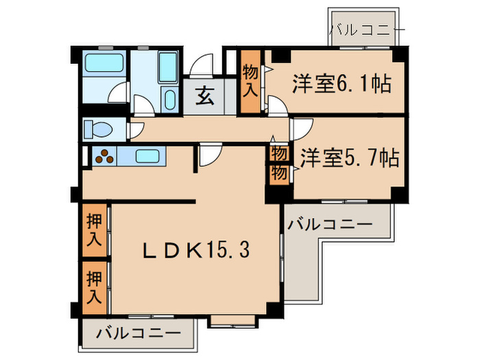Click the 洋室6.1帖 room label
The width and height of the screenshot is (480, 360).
point(341,84)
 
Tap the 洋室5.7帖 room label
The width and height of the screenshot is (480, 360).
point(349,158)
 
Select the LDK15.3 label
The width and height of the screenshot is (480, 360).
point(195,250)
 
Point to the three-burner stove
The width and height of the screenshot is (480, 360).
point(104,156)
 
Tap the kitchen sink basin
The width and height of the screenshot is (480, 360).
point(147,156)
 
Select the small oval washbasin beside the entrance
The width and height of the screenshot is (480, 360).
point(170,100)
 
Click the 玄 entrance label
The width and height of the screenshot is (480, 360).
point(204,97)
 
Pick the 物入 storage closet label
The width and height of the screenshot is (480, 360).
point(251,80)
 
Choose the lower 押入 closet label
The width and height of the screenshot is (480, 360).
point(94,287)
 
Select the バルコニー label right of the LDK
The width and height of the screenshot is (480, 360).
point(330,224)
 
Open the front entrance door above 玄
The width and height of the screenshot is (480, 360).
point(204,65)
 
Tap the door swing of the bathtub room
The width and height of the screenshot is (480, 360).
point(119,93)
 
